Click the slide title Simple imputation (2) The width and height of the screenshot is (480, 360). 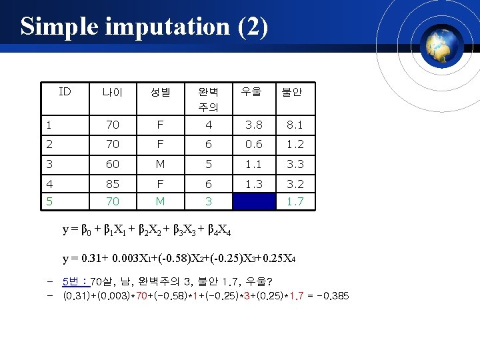144,26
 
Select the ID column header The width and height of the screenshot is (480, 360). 65,91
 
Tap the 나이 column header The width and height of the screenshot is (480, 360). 112,92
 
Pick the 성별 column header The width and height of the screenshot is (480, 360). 160,92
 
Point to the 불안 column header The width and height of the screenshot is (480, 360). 291,92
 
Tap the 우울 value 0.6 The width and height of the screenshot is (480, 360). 253,143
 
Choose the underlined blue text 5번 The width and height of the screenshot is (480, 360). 75,281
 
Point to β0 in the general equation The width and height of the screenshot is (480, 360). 87,231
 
